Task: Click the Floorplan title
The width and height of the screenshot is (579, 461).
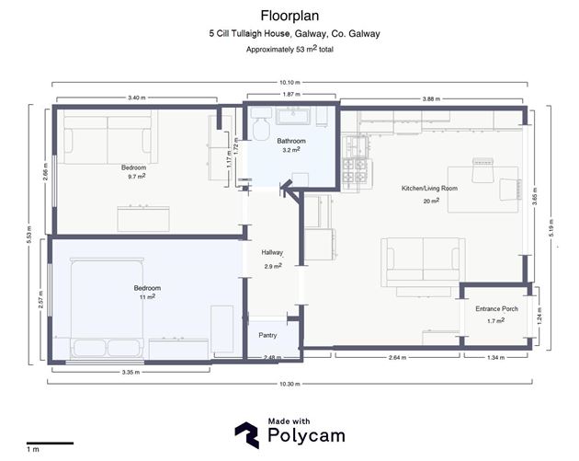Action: coord(289,16)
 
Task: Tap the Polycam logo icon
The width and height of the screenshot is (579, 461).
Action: coord(246,434)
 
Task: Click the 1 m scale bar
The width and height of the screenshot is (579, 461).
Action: coord(50,443)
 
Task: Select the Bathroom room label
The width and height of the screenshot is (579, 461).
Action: coord(291,141)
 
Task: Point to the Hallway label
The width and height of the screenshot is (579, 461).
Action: coord(272,252)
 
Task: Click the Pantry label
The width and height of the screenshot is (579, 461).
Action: coord(267,335)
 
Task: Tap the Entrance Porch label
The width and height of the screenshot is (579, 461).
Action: coord(496,308)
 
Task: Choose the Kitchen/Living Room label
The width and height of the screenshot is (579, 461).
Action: coord(429,188)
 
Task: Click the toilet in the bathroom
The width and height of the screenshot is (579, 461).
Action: coord(260,124)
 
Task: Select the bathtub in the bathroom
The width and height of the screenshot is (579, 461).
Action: coord(294,116)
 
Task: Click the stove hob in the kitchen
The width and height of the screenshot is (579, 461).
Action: coord(355,170)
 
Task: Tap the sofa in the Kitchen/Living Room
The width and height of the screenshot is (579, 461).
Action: coord(423,262)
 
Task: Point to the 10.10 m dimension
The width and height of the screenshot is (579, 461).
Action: coord(289,83)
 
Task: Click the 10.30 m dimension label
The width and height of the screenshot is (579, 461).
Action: coord(289,384)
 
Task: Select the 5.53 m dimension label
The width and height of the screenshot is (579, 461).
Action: coord(29,235)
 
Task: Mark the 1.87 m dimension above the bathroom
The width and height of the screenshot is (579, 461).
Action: coord(291,94)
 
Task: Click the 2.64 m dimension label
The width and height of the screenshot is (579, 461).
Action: coord(397,358)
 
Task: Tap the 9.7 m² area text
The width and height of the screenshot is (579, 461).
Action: coord(137,177)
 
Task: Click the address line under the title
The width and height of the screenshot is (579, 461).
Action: coord(294,34)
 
